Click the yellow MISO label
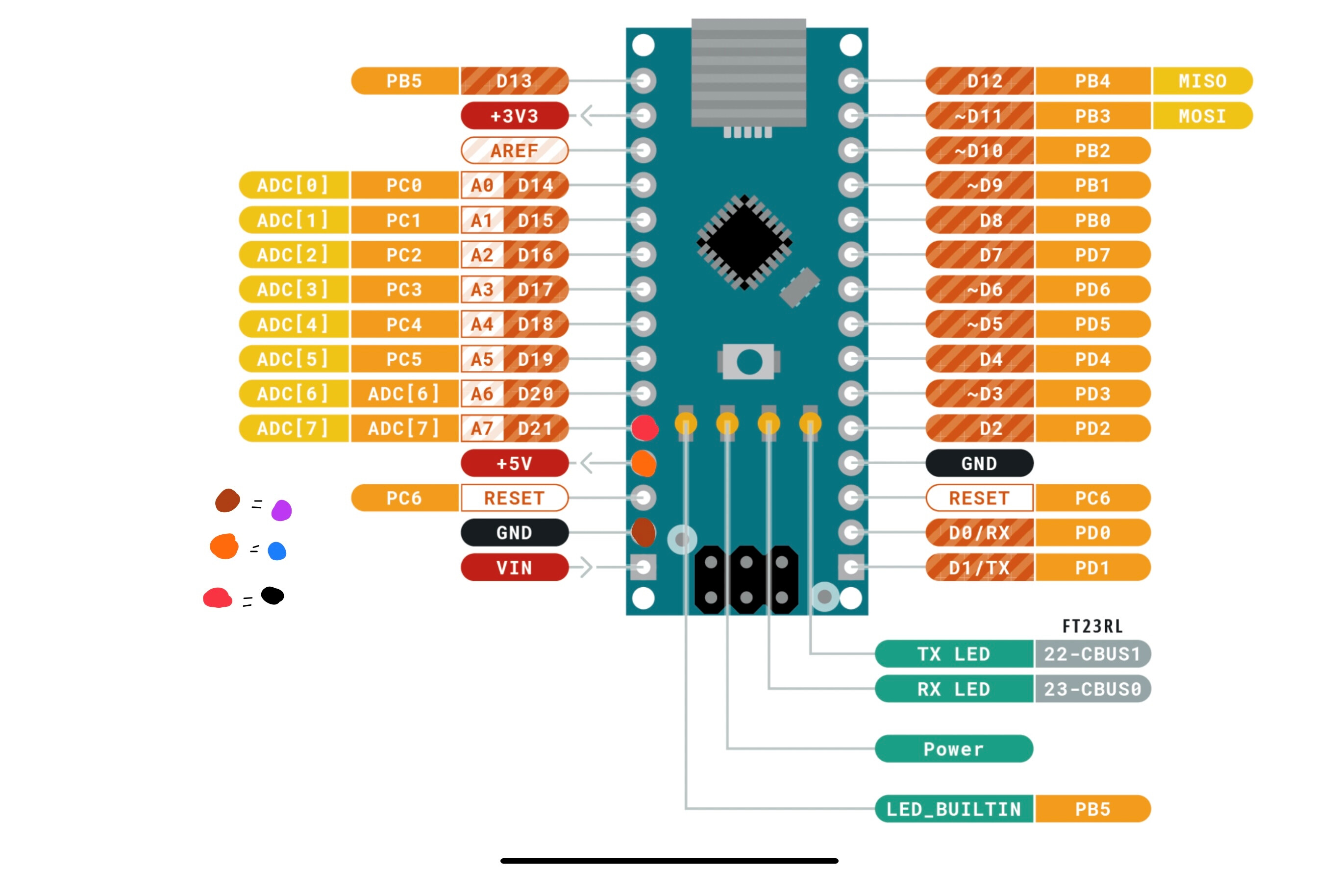(x=1202, y=81)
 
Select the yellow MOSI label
(x=1202, y=116)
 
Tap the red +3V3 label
(x=514, y=116)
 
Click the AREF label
(x=514, y=151)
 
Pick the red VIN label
(x=514, y=568)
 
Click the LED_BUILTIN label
(x=954, y=809)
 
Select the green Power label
(x=954, y=749)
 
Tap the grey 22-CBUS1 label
(x=1092, y=654)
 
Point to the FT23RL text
(x=1092, y=626)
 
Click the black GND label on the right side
(x=979, y=463)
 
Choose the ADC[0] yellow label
(x=293, y=185)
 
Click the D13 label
(x=514, y=81)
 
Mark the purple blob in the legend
(x=281, y=510)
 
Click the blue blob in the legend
(x=277, y=551)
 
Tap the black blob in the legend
(x=273, y=596)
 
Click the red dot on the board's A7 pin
(x=644, y=428)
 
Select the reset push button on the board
(x=749, y=362)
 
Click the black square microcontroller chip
(x=744, y=243)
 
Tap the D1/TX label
(x=979, y=568)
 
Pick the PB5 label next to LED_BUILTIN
(x=1092, y=809)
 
